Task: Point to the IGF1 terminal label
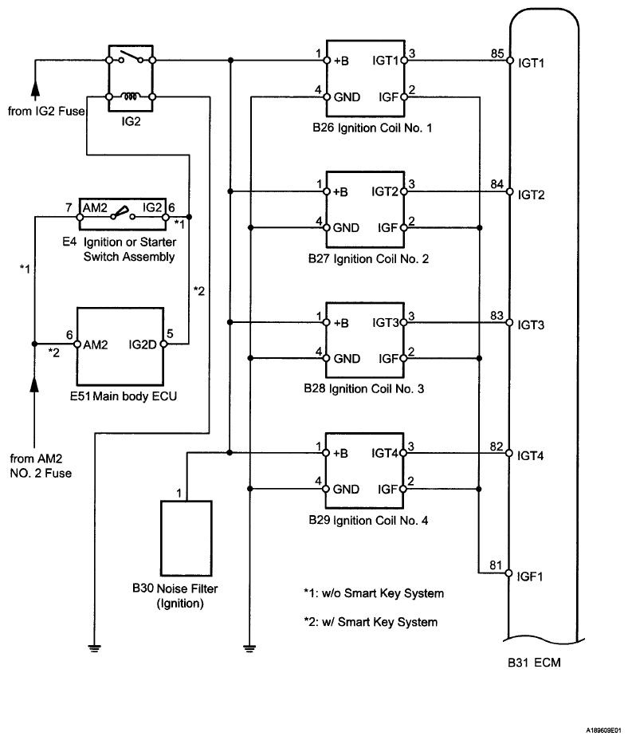click(531, 574)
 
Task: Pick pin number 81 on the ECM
click(497, 567)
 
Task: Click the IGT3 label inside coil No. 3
click(387, 323)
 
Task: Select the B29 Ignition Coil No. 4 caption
click(368, 520)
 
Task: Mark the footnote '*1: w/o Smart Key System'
click(373, 593)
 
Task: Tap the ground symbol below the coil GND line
click(250, 647)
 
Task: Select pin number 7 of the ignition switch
click(69, 206)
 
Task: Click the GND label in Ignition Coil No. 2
click(347, 228)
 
